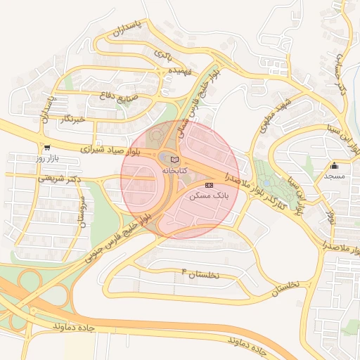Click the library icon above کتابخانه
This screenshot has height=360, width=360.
(x=175, y=160)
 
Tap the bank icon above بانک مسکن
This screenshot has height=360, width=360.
(x=207, y=184)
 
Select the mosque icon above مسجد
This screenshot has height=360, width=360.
(x=335, y=167)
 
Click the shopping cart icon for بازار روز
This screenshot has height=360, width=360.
(x=46, y=148)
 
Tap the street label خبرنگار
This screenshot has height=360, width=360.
(x=72, y=120)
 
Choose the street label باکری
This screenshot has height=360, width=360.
(x=162, y=53)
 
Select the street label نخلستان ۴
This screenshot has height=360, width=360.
(x=200, y=274)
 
